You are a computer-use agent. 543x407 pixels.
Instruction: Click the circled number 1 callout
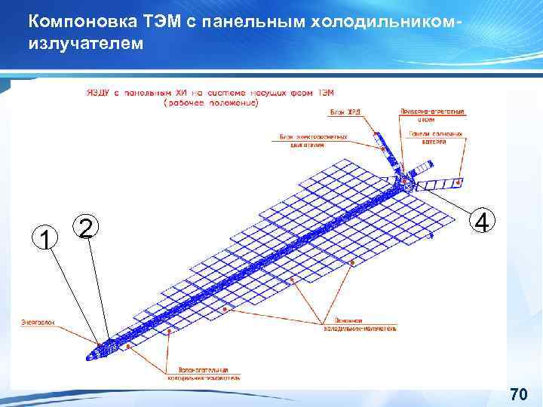[47, 239]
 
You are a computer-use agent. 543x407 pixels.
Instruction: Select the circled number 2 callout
[87, 227]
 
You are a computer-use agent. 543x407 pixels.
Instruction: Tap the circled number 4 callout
[483, 222]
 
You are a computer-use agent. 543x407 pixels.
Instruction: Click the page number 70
[518, 394]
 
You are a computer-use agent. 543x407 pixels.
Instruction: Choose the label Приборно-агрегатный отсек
[431, 115]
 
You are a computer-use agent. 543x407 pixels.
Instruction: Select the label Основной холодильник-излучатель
[360, 326]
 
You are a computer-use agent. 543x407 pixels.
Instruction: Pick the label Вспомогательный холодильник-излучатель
[209, 373]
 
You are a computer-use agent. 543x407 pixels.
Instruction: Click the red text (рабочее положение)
[210, 104]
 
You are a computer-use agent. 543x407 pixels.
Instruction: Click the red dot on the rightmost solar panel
[459, 181]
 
